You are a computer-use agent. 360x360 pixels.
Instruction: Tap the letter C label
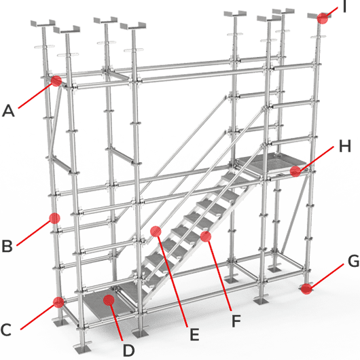point(6,331)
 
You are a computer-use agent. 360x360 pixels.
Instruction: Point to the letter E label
point(194,334)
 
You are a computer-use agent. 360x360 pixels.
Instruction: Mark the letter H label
point(344,145)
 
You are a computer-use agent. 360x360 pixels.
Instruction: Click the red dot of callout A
point(56,81)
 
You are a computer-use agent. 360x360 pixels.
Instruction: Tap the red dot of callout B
point(54,219)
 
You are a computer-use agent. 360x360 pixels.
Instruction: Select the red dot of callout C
point(59,301)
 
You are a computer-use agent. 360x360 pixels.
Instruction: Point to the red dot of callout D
point(110,299)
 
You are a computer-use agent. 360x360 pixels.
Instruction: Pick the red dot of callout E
point(156,231)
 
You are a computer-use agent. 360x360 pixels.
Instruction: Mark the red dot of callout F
point(205,236)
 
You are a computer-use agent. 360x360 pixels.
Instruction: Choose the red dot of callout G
point(307,290)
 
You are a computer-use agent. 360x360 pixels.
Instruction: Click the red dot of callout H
point(295,171)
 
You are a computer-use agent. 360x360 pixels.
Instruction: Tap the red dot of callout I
point(323,18)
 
